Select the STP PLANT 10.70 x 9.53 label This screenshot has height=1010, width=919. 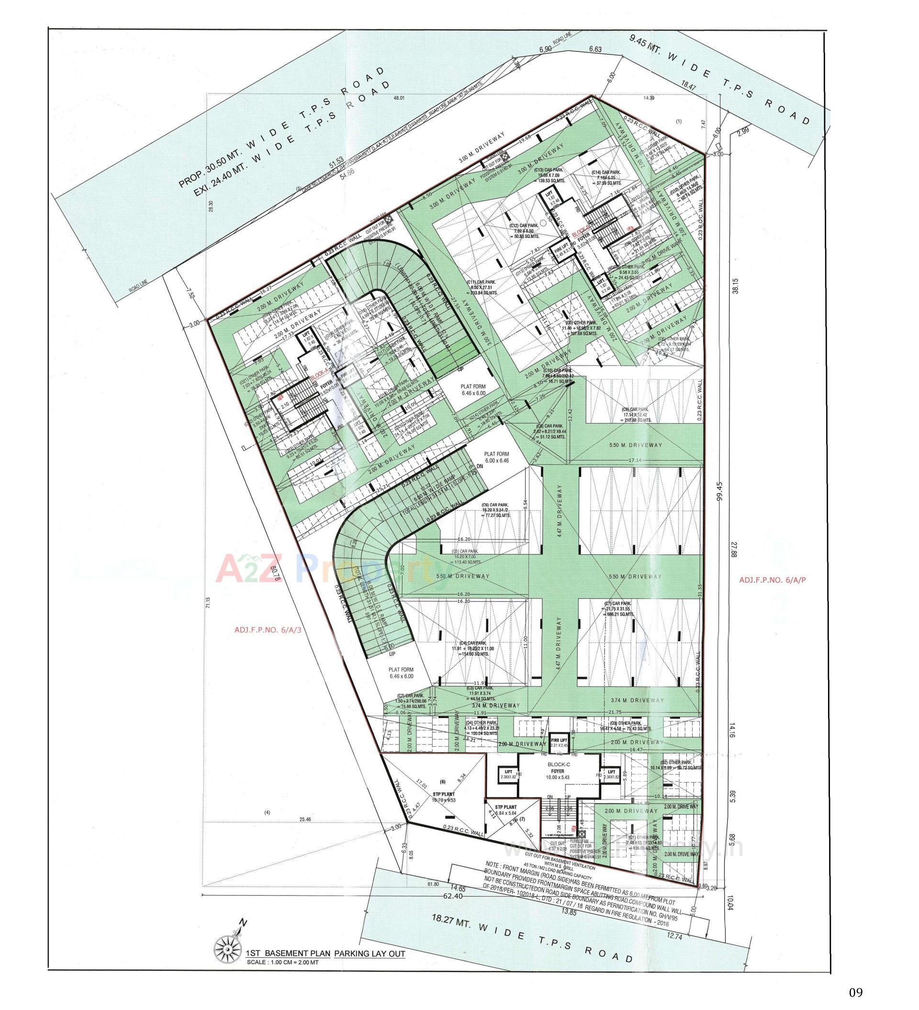[442, 797]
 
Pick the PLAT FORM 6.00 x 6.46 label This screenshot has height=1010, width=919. [496, 456]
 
